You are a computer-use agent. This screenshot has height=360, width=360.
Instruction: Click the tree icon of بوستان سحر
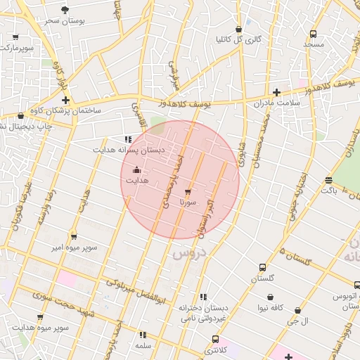coord(65,10)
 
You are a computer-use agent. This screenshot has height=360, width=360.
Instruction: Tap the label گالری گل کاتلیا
coord(238,39)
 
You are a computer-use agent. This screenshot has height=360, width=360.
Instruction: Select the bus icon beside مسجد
coord(313,33)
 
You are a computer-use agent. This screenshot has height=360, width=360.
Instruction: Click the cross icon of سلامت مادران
coord(276,92)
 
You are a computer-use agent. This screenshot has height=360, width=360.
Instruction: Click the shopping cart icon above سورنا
coord(188,191)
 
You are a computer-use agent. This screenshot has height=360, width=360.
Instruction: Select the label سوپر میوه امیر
coord(74,247)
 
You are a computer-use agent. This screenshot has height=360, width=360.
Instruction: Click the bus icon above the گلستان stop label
coord(262,267)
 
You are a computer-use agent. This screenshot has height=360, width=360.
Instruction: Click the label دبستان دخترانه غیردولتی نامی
coord(202,313)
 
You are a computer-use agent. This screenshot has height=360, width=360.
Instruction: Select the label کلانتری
coord(217,349)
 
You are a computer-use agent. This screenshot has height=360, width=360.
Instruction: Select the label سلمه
coord(143,346)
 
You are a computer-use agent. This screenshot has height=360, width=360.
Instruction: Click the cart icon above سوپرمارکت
coord(16,37)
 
